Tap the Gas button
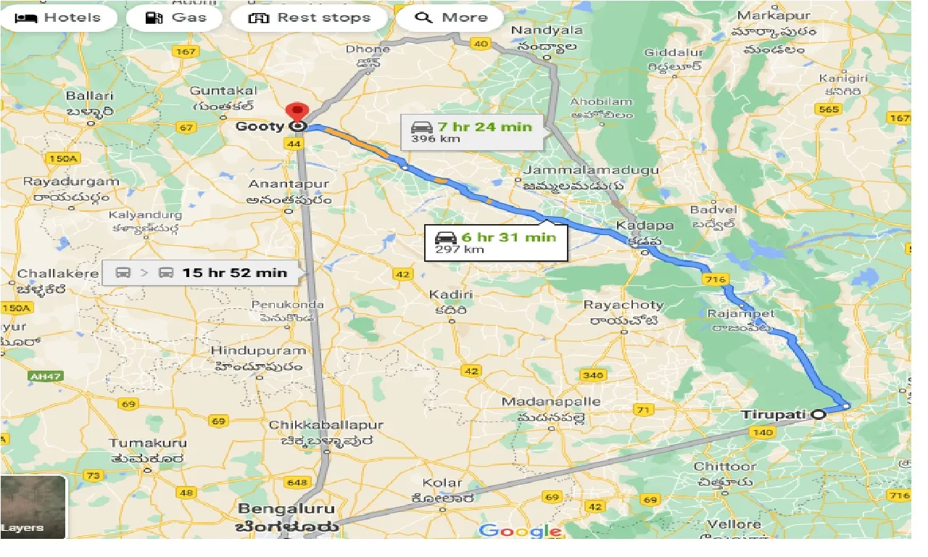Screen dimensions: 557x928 (x=175, y=18)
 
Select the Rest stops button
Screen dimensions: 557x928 (x=310, y=18)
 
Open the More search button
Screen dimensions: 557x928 (x=451, y=18)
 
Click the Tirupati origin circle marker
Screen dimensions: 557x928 (x=819, y=415)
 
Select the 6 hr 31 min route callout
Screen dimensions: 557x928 (x=496, y=242)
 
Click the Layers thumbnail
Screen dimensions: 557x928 (x=33, y=506)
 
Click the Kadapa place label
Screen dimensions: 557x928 (x=645, y=225)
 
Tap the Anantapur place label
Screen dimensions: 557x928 (x=289, y=184)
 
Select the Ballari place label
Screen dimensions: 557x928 (x=89, y=96)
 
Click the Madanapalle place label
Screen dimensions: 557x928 (x=552, y=401)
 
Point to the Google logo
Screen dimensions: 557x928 (x=520, y=531)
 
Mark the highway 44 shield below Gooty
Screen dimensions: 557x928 (x=294, y=144)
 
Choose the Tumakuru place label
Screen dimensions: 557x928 (x=148, y=442)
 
